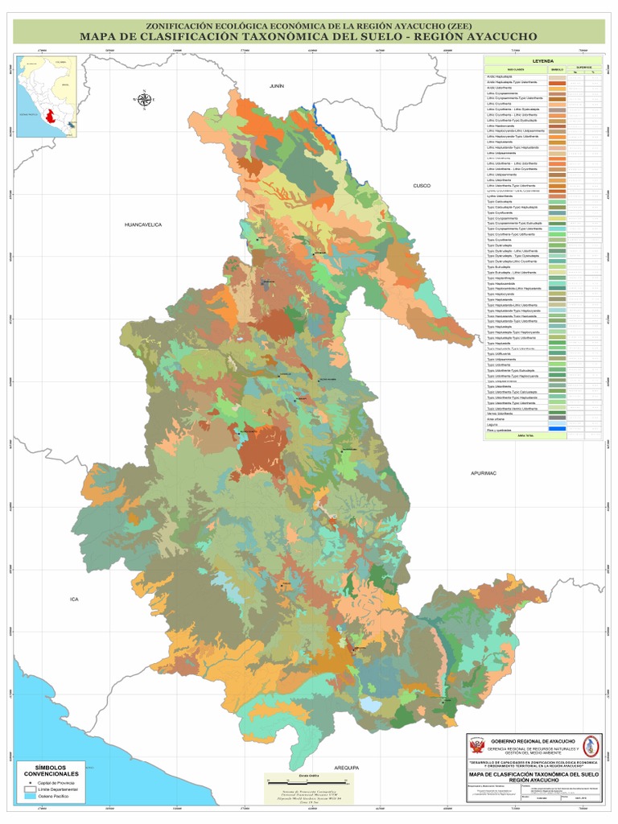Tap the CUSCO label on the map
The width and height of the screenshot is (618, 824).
click(x=422, y=185)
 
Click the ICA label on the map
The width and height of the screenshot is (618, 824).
click(x=76, y=599)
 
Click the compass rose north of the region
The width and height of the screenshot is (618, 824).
click(x=145, y=99)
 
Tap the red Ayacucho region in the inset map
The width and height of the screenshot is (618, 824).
click(x=53, y=113)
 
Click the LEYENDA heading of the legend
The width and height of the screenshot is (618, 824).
click(x=542, y=61)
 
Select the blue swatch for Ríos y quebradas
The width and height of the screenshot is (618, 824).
click(x=557, y=428)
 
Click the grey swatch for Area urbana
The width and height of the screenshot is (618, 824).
click(x=557, y=418)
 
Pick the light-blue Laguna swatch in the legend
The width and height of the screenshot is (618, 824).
click(x=557, y=423)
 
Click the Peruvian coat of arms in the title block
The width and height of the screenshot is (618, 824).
click(x=477, y=744)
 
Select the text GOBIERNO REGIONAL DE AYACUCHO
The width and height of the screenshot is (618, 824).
click(x=534, y=740)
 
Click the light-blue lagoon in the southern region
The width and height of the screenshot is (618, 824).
click(x=371, y=704)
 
